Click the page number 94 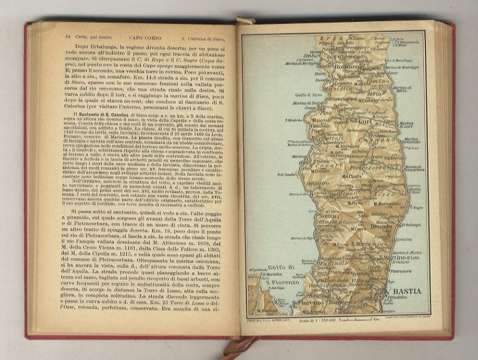click(67, 37)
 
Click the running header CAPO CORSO click(138, 37)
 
